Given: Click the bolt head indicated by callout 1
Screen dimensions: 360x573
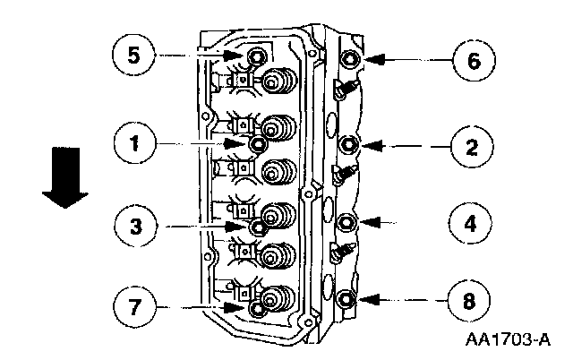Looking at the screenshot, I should (x=258, y=143).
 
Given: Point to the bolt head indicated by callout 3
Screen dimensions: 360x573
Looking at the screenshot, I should (x=258, y=227).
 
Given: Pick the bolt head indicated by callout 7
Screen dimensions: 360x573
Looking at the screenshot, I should (x=258, y=309).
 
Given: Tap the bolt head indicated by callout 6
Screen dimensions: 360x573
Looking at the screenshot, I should (x=350, y=59).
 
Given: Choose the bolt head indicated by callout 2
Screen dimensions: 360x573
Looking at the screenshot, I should (x=350, y=143).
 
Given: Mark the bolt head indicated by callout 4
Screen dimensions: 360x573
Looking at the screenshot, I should (x=350, y=221).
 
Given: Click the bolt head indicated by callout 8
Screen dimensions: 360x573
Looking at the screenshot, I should (x=350, y=298).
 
